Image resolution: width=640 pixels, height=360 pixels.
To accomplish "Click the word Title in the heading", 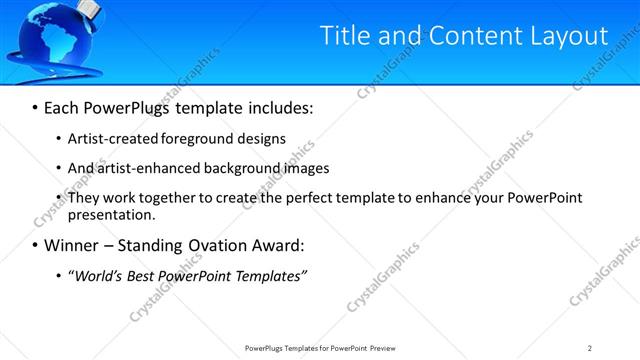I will point(343,35).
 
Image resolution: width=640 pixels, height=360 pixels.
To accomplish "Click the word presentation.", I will point(112,214).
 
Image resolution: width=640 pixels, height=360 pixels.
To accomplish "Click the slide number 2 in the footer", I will point(590,348).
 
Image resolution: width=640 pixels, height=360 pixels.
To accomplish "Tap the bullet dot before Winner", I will point(35,245).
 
